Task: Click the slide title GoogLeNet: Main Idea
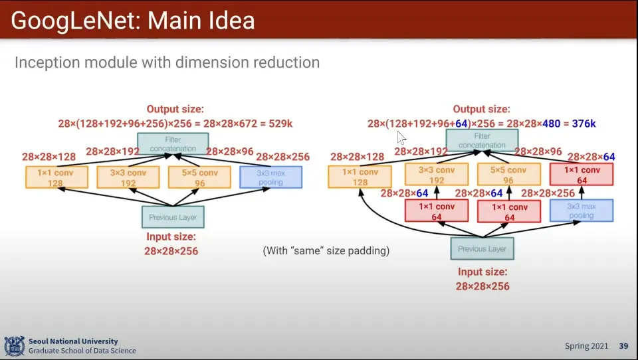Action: pyautogui.click(x=133, y=21)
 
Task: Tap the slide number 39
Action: pyautogui.click(x=623, y=346)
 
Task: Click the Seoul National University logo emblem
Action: pyautogui.click(x=14, y=346)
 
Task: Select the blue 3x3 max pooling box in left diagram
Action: pyautogui.click(x=270, y=177)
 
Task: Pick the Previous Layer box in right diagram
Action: pyautogui.click(x=482, y=248)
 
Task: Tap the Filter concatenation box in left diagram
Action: pyautogui.click(x=173, y=144)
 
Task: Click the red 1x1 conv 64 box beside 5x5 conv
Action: pyautogui.click(x=509, y=211)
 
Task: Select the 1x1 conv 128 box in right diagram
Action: pyautogui.click(x=360, y=177)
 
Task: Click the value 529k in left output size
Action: pyautogui.click(x=282, y=124)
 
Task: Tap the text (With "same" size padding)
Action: pyautogui.click(x=326, y=250)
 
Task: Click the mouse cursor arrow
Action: pyautogui.click(x=401, y=137)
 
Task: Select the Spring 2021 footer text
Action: pyautogui.click(x=586, y=346)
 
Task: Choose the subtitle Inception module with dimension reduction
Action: pyautogui.click(x=167, y=63)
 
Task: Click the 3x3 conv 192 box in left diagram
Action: pyautogui.click(x=128, y=177)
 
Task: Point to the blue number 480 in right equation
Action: pyautogui.click(x=551, y=124)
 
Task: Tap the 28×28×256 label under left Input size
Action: pyautogui.click(x=171, y=251)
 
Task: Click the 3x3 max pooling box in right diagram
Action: pyautogui.click(x=581, y=211)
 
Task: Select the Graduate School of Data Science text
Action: pyautogui.click(x=82, y=351)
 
